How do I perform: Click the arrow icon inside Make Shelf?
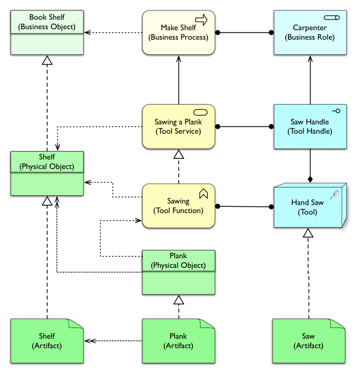(201, 20)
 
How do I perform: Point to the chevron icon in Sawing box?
(203, 193)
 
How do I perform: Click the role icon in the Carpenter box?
(331, 18)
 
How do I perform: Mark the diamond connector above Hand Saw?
(310, 179)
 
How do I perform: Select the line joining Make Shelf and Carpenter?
(244, 33)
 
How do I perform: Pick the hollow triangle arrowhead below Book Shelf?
(47, 61)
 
